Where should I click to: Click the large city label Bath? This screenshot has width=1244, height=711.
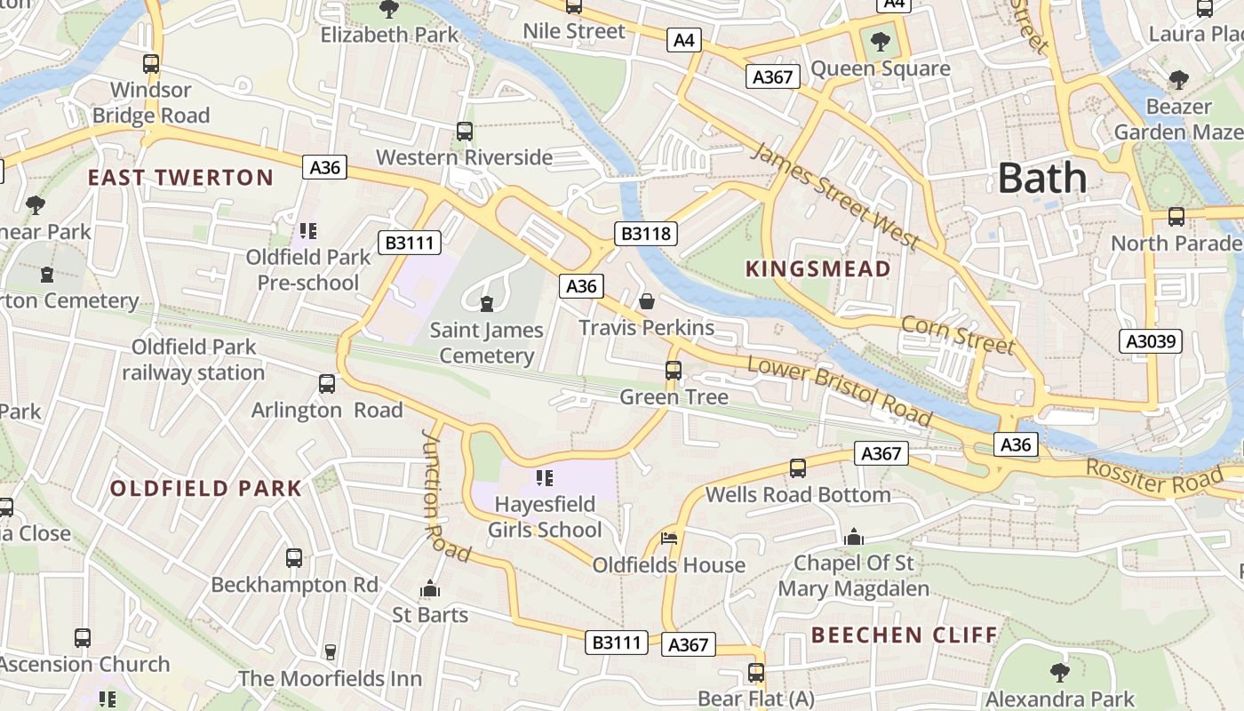click(1041, 179)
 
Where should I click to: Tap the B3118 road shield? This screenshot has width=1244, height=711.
click(646, 234)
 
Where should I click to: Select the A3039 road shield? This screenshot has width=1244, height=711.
click(1150, 340)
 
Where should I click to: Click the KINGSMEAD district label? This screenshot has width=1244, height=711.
click(817, 269)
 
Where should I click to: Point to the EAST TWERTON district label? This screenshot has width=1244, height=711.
click(180, 178)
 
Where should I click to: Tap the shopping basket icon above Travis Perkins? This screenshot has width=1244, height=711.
click(647, 302)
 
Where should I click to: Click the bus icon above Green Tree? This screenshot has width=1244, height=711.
click(674, 371)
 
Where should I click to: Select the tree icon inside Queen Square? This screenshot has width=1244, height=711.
click(880, 41)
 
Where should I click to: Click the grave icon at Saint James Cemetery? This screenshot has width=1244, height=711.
click(486, 305)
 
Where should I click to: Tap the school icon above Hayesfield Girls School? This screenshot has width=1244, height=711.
click(545, 479)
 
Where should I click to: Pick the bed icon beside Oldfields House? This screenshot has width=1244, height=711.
click(669, 539)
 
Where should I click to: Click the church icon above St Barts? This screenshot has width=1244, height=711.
click(430, 588)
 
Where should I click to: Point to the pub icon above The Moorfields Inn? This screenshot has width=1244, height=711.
click(330, 652)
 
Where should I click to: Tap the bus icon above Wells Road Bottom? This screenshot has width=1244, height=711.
click(798, 468)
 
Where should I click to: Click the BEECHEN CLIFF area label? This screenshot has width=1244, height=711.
click(905, 635)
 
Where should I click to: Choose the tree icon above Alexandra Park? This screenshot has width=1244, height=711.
click(1059, 672)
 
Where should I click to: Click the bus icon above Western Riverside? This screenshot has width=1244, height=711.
click(464, 132)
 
